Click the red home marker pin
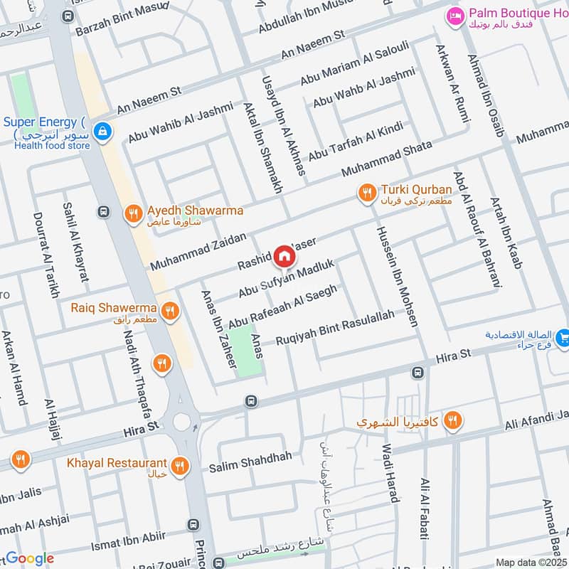pos(284,255)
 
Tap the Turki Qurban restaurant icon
pos(367,193)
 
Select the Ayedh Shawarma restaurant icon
pos(132,213)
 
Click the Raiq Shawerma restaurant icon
pos(169,311)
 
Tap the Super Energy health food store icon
pos(104,131)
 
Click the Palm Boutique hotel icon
pos(452,15)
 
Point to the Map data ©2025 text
pos(531,562)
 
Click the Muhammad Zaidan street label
pos(198,251)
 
